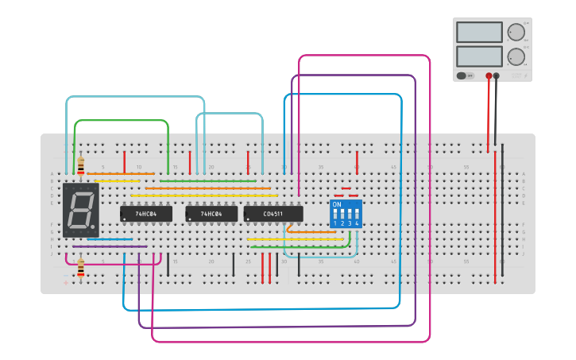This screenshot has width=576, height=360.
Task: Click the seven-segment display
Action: point(80,211)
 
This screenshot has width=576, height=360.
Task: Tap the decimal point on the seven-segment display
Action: point(93,228)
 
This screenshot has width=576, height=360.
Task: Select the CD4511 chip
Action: point(273,214)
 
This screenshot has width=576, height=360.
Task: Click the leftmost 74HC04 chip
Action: point(145,214)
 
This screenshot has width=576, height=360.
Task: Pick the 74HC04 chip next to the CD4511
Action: point(211,214)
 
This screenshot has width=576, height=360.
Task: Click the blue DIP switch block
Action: point(346,214)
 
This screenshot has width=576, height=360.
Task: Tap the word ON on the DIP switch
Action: point(337,205)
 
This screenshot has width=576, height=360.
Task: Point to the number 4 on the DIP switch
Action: point(357,224)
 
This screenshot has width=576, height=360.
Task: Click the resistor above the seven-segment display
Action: point(81,165)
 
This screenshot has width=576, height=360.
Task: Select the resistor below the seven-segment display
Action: point(80,268)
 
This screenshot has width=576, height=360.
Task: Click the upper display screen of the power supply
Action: point(479,33)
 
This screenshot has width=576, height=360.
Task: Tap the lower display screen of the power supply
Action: point(479,56)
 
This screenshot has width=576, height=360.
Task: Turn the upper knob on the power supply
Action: point(516,33)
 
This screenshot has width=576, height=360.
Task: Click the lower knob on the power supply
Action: point(516,56)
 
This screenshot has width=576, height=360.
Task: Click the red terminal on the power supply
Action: point(489,76)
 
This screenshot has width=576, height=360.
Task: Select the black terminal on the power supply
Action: point(497,76)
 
